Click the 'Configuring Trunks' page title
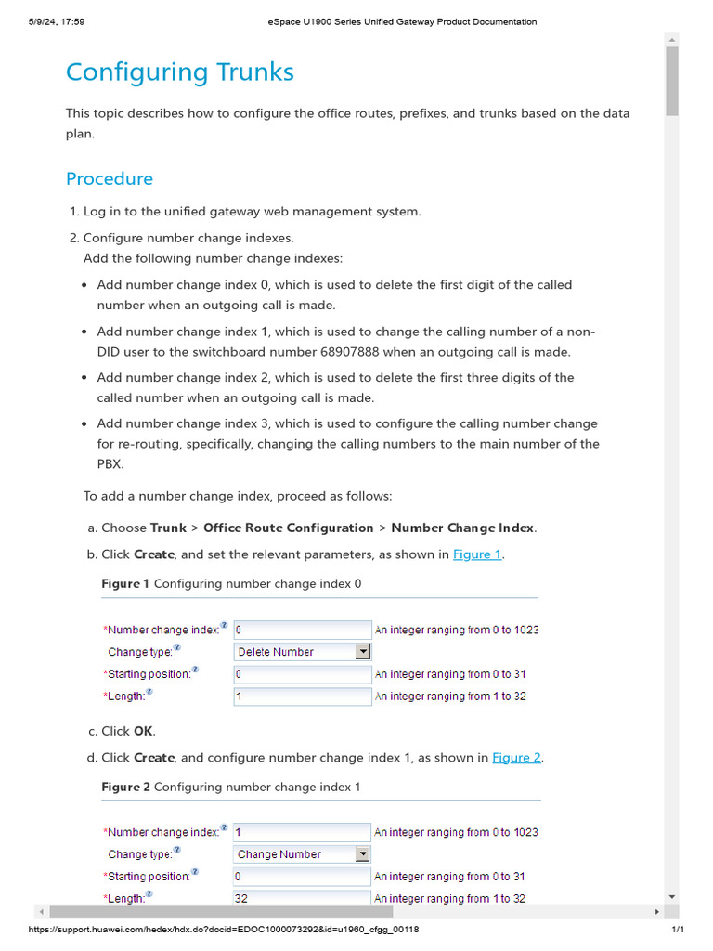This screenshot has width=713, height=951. click(180, 72)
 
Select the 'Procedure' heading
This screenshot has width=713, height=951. click(110, 178)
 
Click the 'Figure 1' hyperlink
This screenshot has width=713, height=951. click(477, 554)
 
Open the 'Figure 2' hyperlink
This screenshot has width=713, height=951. click(516, 758)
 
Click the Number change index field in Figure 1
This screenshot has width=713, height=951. click(302, 630)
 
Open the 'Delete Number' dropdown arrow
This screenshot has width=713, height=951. click(363, 652)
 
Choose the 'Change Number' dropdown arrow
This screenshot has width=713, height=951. click(363, 854)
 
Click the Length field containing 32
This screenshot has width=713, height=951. click(302, 898)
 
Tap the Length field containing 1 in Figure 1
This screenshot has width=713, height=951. click(302, 697)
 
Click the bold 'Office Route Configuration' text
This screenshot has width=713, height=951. click(289, 528)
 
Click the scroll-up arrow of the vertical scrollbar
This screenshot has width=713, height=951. click(672, 39)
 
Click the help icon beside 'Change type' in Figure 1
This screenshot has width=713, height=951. click(177, 648)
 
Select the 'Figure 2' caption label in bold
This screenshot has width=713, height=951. click(125, 788)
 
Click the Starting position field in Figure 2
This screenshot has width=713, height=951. click(302, 876)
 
